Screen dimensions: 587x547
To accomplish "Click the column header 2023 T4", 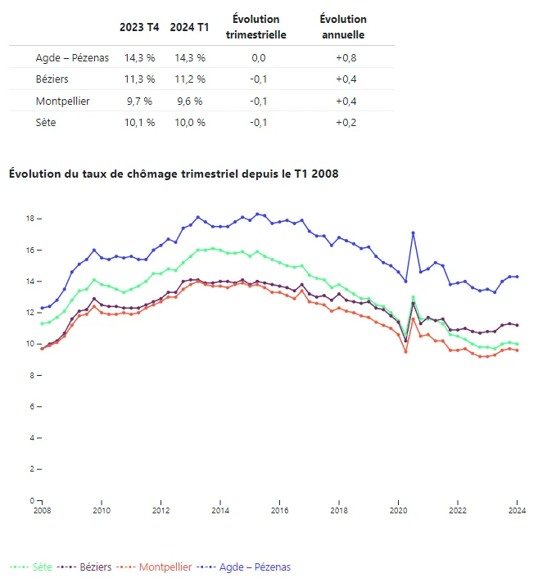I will coord(139,27).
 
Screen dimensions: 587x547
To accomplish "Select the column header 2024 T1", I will coord(188,27).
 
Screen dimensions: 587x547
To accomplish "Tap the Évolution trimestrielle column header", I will coord(255,27).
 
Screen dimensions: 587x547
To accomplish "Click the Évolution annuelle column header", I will coord(343,27).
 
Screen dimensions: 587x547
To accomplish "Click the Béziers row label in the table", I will coord(52,79).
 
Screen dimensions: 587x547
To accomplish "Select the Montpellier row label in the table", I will coord(63,101).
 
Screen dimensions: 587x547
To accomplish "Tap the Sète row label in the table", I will coord(47,122).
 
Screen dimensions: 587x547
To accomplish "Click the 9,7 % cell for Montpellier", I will coord(139,101).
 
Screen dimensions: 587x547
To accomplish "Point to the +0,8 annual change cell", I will coord(346,58).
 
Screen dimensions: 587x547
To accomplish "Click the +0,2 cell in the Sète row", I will coord(346,122).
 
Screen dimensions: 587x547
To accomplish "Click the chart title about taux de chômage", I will coord(173,174).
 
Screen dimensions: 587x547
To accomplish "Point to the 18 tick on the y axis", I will coord(29,219).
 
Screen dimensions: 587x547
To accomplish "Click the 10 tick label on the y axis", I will coord(29,344).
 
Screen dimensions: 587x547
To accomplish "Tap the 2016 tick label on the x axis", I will coord(279,511).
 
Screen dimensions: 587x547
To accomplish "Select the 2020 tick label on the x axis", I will coord(398,511).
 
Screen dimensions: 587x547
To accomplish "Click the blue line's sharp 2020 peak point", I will coord(414,233).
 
